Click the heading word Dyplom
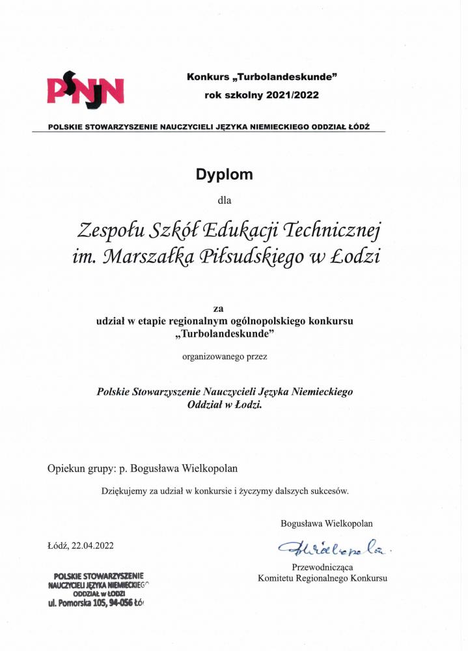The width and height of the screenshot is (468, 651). tap(225, 174)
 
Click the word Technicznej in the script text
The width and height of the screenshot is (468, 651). tap(330, 230)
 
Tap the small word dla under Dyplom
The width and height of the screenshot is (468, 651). tap(224, 200)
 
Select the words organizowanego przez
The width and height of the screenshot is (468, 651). tap(225, 356)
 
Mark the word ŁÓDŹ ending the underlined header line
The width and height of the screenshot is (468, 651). tap(356, 126)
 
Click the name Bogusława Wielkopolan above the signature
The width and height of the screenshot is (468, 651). tap(327, 523)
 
